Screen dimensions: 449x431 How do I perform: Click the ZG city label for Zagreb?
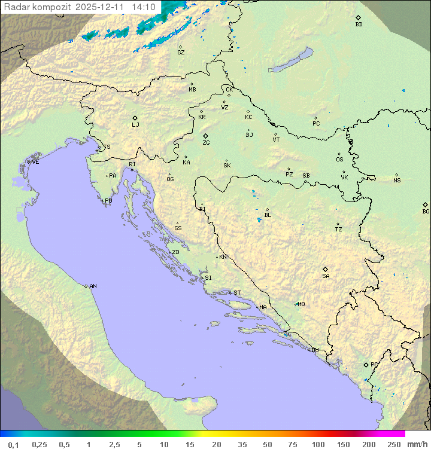pyautogui.click(x=206, y=143)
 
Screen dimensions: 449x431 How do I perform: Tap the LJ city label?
pyautogui.click(x=135, y=124)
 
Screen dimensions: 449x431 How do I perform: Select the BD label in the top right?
pyautogui.click(x=359, y=25)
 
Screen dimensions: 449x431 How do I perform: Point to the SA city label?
pyautogui.click(x=326, y=276)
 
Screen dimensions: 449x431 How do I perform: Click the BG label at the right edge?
pyautogui.click(x=426, y=211)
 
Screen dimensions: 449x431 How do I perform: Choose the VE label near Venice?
pyautogui.click(x=35, y=162)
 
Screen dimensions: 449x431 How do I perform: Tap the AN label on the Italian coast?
pyautogui.click(x=93, y=286)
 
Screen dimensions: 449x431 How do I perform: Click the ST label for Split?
pyautogui.click(x=237, y=293)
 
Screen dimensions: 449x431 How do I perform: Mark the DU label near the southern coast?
pyautogui.click(x=314, y=350)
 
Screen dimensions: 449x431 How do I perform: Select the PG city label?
pyautogui.click(x=374, y=364)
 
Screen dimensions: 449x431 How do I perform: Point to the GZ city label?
pyautogui.click(x=181, y=53)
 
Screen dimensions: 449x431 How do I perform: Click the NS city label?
pyautogui.click(x=397, y=181)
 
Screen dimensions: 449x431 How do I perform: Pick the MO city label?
pyautogui.click(x=301, y=304)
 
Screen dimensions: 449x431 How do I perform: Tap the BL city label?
pyautogui.click(x=268, y=215)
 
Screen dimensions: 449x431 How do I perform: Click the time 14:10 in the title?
pyautogui.click(x=144, y=7)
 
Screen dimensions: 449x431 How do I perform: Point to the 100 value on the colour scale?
pyautogui.click(x=318, y=444)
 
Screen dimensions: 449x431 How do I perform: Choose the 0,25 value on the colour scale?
pyautogui.click(x=40, y=444)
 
